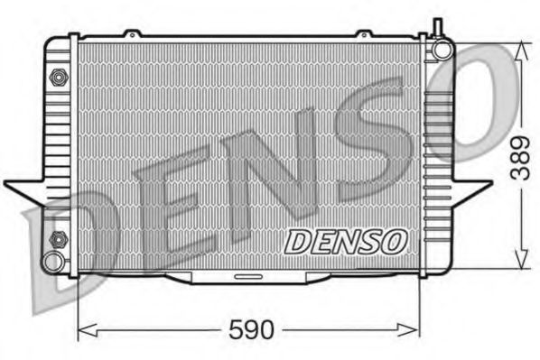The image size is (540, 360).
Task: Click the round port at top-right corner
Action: pyautogui.click(x=442, y=48)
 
